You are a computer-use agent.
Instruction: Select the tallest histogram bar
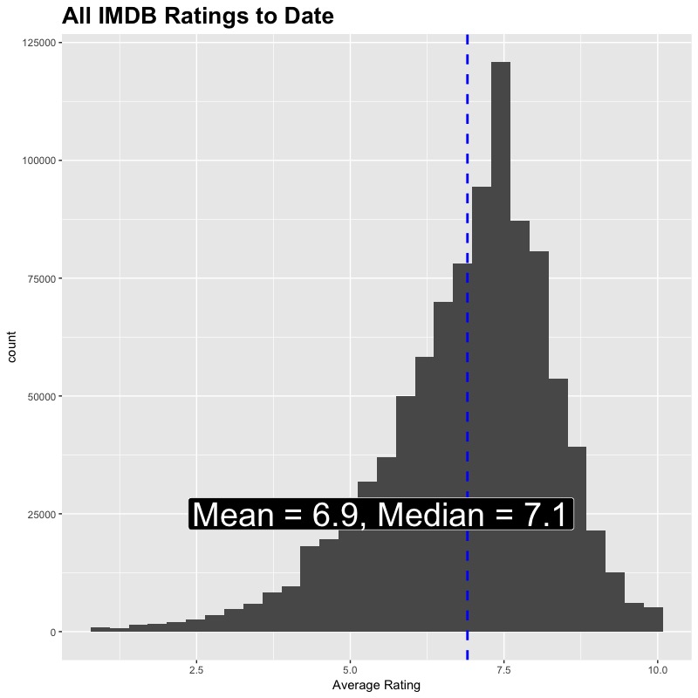point(500,349)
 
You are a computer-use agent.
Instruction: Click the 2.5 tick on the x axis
point(196,670)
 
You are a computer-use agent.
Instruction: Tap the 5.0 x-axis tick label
point(350,670)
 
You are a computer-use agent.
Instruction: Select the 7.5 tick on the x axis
point(503,670)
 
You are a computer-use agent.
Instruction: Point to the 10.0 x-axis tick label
point(658,670)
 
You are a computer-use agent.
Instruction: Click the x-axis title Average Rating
point(376,686)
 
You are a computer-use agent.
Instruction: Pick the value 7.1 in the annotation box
point(545,515)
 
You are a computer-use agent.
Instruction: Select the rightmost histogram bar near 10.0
point(654,619)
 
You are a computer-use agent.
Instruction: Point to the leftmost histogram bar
point(100,629)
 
